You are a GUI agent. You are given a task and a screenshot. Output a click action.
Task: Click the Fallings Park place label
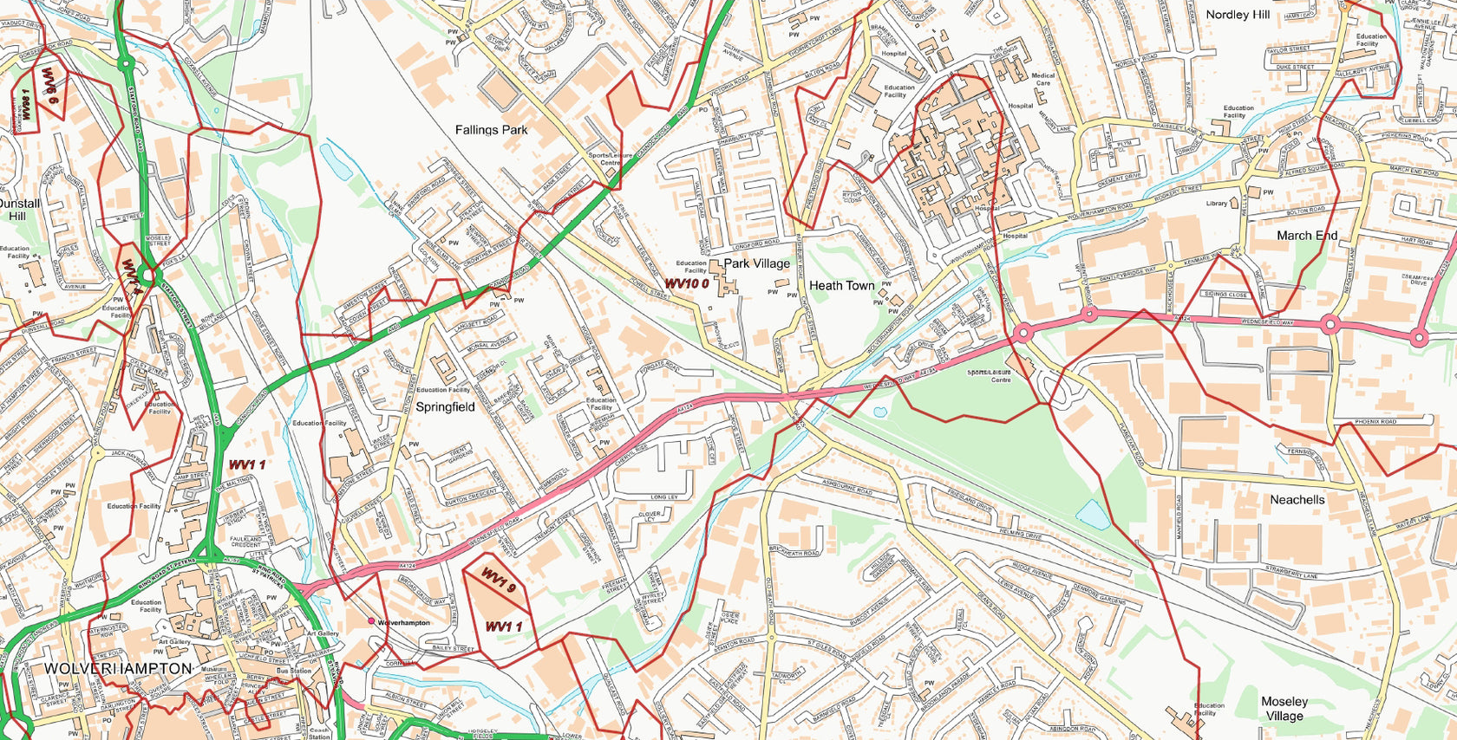pyautogui.click(x=491, y=130)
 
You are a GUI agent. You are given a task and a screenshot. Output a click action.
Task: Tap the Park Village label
pyautogui.click(x=756, y=263)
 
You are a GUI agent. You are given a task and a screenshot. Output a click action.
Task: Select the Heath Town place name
pyautogui.click(x=841, y=285)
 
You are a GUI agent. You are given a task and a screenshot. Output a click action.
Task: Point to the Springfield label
pyautogui.click(x=445, y=406)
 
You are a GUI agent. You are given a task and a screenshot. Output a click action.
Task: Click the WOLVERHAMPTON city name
pyautogui.click(x=118, y=669)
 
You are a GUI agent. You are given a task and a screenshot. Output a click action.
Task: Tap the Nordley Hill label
pyautogui.click(x=1238, y=15)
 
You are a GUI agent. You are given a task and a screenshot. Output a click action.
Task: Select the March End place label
pyautogui.click(x=1306, y=236)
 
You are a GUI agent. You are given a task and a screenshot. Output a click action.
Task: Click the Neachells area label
pyautogui.click(x=1297, y=500)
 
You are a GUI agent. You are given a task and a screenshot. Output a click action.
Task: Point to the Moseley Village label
pyautogui.click(x=1284, y=708)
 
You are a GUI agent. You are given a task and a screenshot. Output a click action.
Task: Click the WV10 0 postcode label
pyautogui.click(x=687, y=283)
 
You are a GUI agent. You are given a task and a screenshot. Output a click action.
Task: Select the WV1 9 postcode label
pyautogui.click(x=499, y=581)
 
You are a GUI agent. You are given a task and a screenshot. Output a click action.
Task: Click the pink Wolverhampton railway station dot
pyautogui.click(x=371, y=620)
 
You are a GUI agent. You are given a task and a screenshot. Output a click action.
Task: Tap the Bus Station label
pyautogui.click(x=294, y=671)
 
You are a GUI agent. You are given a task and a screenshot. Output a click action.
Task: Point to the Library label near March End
pyautogui.click(x=1217, y=204)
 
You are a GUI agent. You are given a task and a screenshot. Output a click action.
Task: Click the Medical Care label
pyautogui.click(x=1043, y=80)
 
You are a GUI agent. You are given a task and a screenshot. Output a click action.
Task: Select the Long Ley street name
pyautogui.click(x=663, y=497)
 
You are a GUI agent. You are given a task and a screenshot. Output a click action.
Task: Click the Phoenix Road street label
pyautogui.click(x=1375, y=422)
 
